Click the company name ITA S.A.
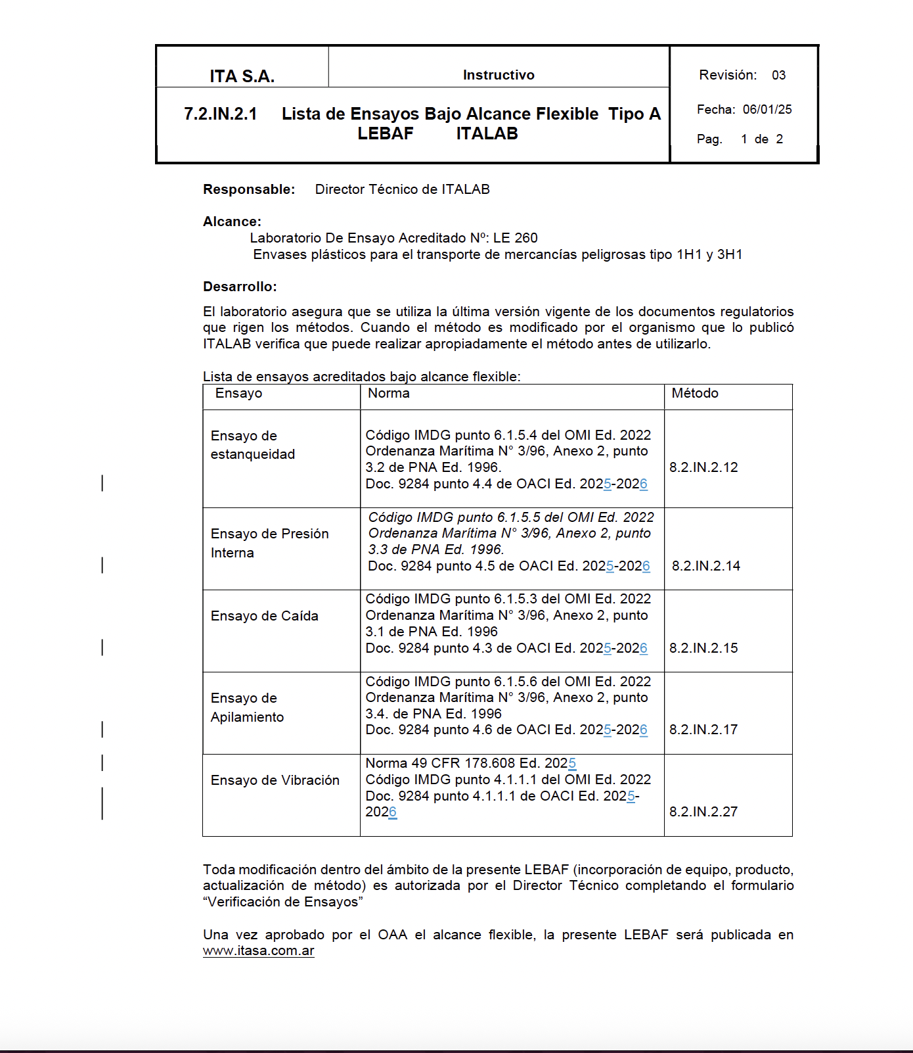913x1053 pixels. click(242, 76)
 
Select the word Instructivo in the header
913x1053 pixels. click(499, 75)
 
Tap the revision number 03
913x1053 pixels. click(778, 75)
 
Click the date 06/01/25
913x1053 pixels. click(767, 109)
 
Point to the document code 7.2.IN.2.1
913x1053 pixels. click(221, 114)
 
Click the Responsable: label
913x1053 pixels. click(249, 189)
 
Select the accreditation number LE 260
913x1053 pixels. click(516, 238)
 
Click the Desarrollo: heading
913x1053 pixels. click(240, 287)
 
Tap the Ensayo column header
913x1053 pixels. click(238, 393)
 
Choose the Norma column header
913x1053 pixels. click(388, 393)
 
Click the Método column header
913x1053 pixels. click(694, 393)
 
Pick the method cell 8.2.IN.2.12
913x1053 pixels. click(703, 467)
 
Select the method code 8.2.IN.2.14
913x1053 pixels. click(705, 566)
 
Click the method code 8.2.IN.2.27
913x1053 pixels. click(703, 812)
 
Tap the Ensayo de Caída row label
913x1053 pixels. click(264, 616)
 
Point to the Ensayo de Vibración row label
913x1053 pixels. click(275, 780)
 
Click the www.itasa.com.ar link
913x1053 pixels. click(258, 950)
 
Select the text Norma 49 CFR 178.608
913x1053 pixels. click(440, 763)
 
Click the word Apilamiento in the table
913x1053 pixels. click(247, 717)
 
